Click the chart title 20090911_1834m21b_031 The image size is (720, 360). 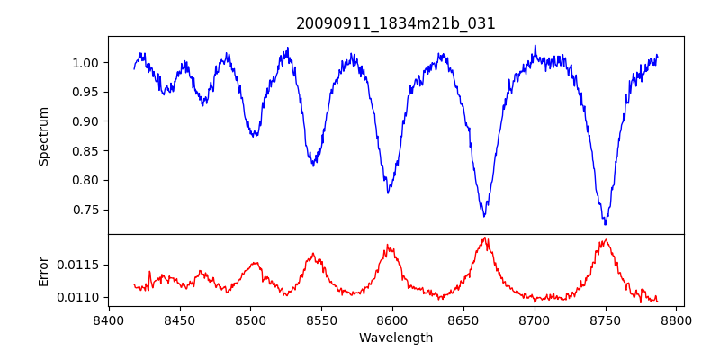click(396, 23)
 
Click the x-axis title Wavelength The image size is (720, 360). click(396, 337)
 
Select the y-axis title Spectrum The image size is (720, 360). click(43, 136)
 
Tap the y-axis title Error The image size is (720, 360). click(43, 270)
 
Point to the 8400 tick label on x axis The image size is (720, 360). click(109, 319)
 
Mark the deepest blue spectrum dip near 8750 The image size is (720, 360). click(606, 224)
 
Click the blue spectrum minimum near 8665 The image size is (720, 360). click(484, 216)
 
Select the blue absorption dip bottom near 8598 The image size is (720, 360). click(388, 193)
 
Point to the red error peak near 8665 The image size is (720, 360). click(485, 238)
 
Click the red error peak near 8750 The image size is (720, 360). click(606, 239)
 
